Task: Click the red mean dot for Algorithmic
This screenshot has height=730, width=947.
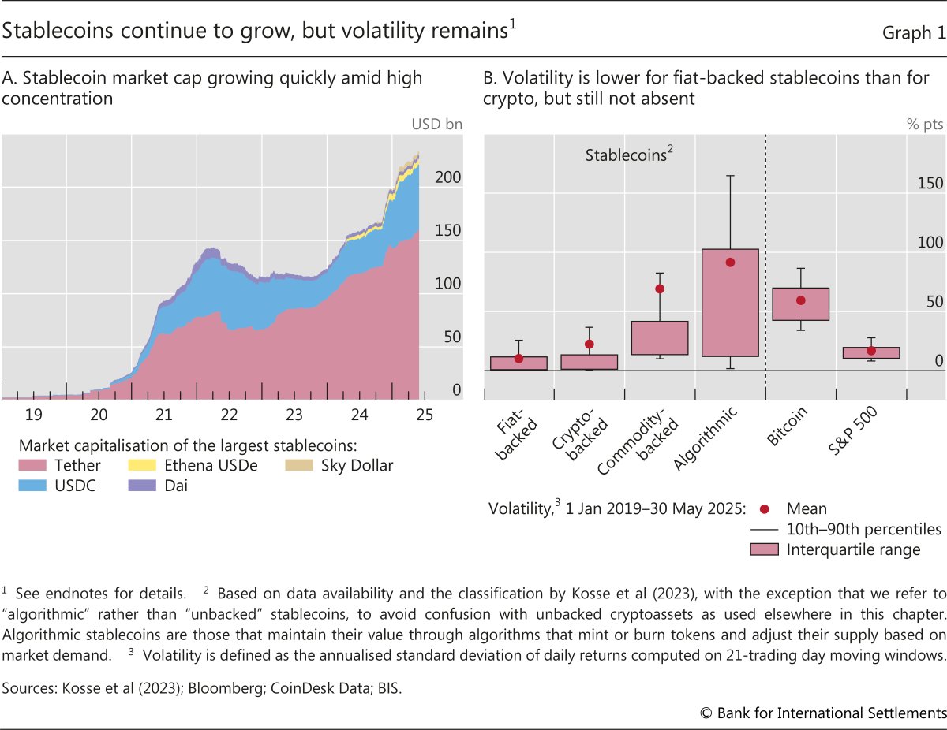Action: tap(730, 263)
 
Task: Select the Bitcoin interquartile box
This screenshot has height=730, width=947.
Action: tap(800, 304)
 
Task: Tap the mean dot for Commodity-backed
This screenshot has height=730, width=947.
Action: tap(660, 289)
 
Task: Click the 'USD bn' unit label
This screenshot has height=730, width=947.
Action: tap(436, 124)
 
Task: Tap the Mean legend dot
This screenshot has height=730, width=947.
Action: tap(764, 508)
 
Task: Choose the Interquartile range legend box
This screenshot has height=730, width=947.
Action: tap(764, 549)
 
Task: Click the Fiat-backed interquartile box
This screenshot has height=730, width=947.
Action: tap(518, 363)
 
